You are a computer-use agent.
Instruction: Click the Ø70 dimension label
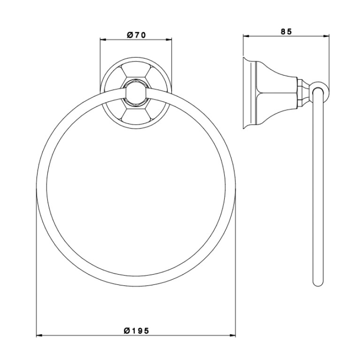click(136, 35)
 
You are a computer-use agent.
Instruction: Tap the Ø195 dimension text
click(137, 330)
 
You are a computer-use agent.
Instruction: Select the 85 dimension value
click(286, 31)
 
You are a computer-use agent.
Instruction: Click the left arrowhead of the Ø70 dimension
click(103, 40)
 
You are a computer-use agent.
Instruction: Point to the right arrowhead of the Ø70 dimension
click(169, 40)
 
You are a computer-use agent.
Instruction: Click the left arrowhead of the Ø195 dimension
click(39, 336)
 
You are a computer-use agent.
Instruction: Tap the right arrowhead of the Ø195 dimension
click(232, 336)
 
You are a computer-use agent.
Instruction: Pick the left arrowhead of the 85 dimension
click(246, 36)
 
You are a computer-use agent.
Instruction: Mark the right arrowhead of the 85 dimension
click(327, 36)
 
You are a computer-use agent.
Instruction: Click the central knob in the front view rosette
click(136, 93)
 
